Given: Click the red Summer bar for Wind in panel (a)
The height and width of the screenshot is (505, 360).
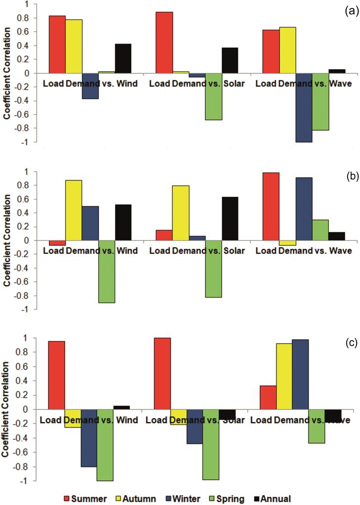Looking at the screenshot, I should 57,44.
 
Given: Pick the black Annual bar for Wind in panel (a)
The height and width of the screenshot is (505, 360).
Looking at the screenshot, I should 123,58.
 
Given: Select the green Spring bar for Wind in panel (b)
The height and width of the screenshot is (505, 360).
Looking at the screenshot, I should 107,272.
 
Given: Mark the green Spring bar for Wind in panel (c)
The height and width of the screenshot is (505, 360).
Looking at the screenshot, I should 105,445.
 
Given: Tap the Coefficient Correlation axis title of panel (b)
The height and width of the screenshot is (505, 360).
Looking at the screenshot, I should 7,241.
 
